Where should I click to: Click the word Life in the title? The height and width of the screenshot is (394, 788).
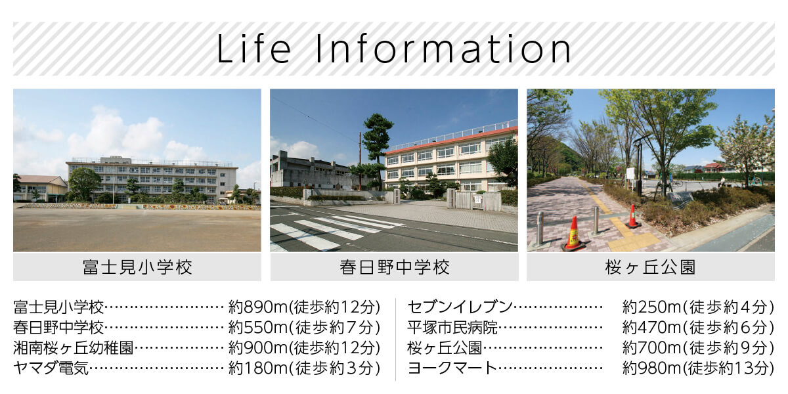(254, 49)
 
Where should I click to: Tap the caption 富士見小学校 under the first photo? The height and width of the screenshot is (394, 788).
(137, 267)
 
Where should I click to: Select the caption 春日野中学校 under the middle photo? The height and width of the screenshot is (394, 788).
(395, 267)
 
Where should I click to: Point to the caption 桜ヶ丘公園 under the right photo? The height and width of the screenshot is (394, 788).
(651, 267)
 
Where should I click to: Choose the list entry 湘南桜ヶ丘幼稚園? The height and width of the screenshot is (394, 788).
(74, 348)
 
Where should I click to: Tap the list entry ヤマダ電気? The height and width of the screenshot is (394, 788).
(51, 368)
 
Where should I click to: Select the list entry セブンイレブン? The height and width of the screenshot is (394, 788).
(460, 307)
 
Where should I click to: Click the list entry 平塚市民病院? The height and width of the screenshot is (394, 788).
(452, 328)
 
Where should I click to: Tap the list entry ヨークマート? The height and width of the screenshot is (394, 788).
(452, 368)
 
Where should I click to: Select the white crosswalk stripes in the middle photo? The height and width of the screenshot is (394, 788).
(334, 230)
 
